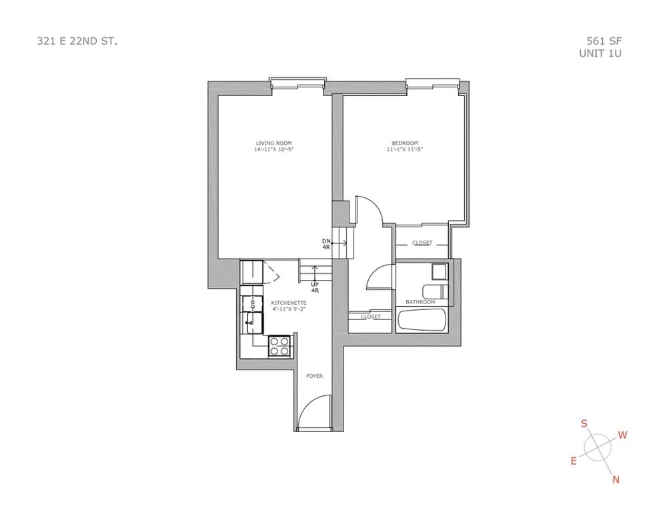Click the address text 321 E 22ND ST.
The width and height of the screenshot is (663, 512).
click(x=77, y=41)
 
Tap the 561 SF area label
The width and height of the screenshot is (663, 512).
click(x=604, y=41)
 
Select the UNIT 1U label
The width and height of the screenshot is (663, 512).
click(x=600, y=53)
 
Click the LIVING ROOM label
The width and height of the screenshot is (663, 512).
click(x=273, y=143)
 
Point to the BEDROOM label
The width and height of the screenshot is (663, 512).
click(x=405, y=143)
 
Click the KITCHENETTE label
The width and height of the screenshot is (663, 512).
click(x=289, y=303)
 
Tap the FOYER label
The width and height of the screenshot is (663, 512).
click(x=315, y=376)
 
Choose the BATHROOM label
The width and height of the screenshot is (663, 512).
click(x=420, y=302)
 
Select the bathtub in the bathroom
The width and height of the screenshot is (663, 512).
click(x=422, y=321)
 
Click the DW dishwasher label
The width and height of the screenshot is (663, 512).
click(x=252, y=303)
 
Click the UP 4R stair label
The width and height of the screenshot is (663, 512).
click(x=315, y=287)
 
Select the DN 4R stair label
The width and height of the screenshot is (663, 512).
click(x=326, y=244)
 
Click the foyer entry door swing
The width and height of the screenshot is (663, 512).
click(x=313, y=411)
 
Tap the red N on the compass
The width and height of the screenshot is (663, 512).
click(x=616, y=479)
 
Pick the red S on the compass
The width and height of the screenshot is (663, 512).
click(x=584, y=423)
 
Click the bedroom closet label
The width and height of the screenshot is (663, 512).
click(x=422, y=243)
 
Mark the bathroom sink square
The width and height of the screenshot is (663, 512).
click(x=440, y=271)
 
